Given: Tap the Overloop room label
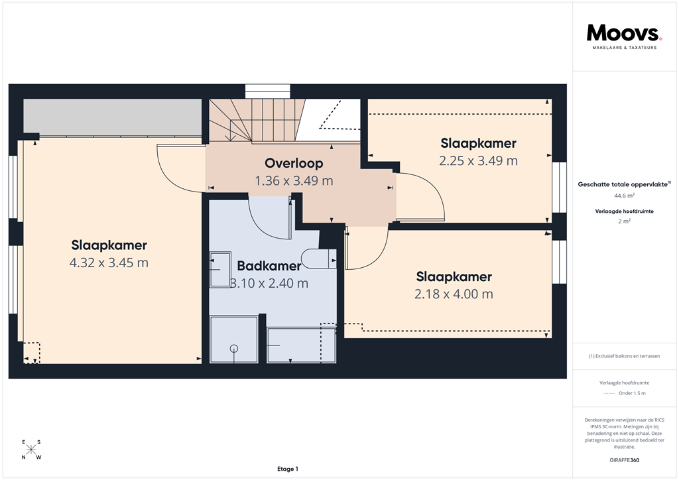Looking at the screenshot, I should pos(294,163).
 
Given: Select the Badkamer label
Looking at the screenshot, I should pos(269,266).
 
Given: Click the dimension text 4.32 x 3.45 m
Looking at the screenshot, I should pos(109,263).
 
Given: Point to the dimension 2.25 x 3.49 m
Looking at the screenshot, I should pos(478,160).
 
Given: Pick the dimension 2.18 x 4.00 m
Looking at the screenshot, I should pos(454,294).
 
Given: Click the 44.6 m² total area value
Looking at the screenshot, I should pos(624,196).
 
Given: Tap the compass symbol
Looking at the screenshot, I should pos(31,450).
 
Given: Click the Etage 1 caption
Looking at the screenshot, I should pos(288,469).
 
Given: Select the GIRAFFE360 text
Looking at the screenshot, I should pos(624,459).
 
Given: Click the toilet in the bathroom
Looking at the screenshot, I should pos(317,259).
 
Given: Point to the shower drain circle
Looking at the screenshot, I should pos(233,348).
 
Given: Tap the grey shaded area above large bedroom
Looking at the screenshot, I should pos(112,115).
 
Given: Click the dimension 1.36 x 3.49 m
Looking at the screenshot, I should pos(294,180).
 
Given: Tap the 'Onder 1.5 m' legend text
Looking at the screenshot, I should pos(631,393).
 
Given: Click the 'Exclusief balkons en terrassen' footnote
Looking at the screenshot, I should pos(624,356).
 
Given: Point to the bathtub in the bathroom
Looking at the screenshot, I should pos(300,345).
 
